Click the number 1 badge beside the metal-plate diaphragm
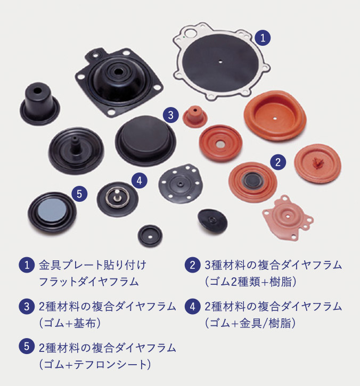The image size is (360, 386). point(263,38)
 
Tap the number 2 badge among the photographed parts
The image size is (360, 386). point(278,162)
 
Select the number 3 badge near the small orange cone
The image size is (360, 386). point(170,115)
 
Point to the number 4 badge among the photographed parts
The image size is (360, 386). point(140,180)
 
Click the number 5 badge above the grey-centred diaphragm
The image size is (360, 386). point(79,194)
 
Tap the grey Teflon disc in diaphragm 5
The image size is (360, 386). point(52,210)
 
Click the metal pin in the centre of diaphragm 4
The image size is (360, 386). point(118,193)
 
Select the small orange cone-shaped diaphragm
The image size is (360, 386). point(195,117)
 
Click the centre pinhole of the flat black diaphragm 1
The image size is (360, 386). point(220,62)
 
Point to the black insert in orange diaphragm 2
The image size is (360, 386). point(253,179)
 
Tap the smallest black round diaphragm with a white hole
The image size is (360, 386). point(150,235)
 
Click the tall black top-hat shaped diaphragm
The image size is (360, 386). point(39,104)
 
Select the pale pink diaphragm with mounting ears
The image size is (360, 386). point(288,217)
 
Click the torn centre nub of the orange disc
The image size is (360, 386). point(318,163)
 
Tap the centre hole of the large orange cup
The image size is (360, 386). point(275,118)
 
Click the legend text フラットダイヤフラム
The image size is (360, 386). point(89,282)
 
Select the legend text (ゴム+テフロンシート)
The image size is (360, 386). point(95,364)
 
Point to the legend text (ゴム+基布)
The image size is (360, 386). point(70,323)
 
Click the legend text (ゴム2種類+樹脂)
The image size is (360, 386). point(251,282)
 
